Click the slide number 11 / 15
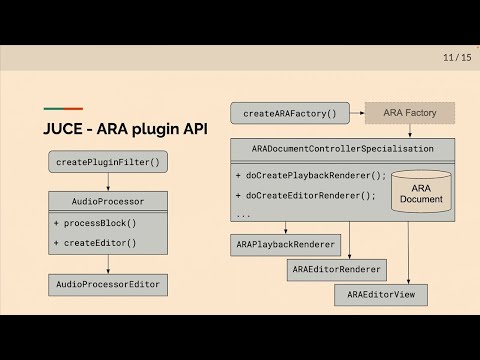(457, 58)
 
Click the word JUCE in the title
(65, 130)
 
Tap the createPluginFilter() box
(107, 162)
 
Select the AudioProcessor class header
(107, 200)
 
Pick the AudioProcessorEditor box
(107, 285)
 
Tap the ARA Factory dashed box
(409, 113)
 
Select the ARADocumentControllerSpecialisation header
(342, 149)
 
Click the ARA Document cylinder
(420, 192)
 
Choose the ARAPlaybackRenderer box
(286, 244)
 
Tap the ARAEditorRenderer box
(338, 269)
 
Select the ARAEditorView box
(381, 295)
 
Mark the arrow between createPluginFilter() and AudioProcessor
(107, 181)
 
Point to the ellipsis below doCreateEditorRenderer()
(245, 214)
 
